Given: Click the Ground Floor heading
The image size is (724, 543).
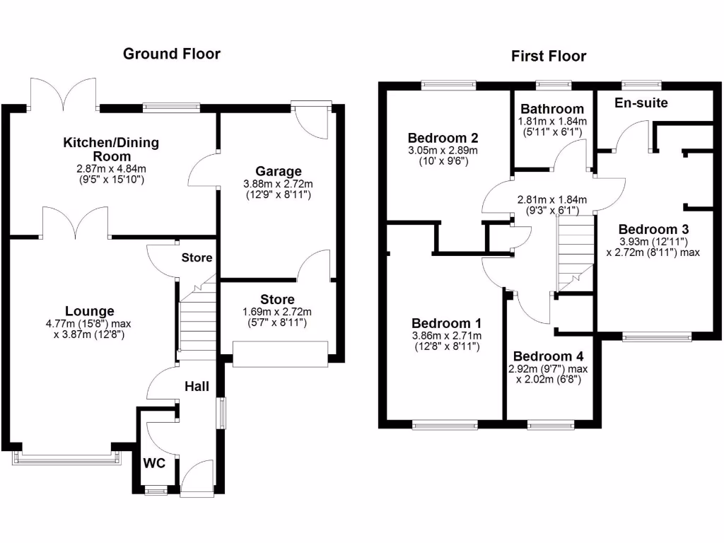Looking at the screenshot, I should point(172,54).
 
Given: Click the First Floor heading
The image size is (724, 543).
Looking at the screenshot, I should point(549,57).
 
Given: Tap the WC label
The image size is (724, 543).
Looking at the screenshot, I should point(154,464).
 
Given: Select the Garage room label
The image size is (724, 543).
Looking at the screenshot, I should point(279,171).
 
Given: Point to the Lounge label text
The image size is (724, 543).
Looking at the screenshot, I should point(89,311).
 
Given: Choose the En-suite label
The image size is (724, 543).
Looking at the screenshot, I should point(641,103).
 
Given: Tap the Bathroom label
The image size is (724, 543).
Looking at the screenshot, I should point(552,109).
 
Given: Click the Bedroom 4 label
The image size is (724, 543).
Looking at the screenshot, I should point(549,356).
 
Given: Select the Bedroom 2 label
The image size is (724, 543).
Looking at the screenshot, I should point(443,138).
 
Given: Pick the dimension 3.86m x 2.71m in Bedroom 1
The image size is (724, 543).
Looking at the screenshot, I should point(446,336).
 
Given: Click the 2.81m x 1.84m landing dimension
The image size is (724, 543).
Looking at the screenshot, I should point(551,200).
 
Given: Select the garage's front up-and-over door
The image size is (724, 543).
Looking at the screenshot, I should point(281,354).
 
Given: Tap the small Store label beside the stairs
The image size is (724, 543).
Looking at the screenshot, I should point(197,258).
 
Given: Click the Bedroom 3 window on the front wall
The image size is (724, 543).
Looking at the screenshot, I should point(657,337).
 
